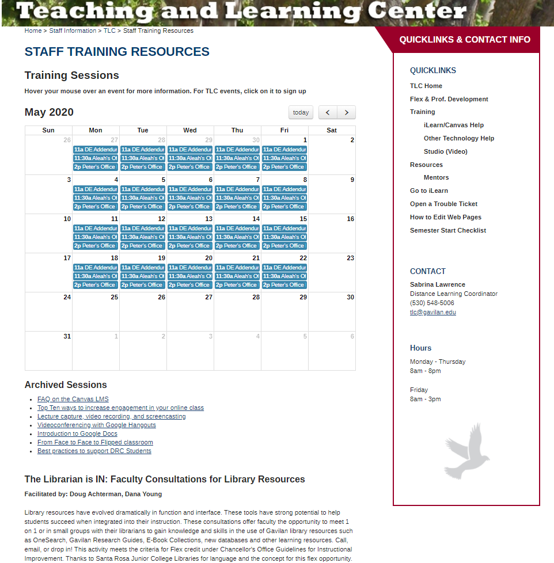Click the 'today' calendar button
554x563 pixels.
click(x=301, y=113)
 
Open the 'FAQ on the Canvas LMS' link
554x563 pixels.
click(x=73, y=399)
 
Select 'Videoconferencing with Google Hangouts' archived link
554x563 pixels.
click(x=96, y=425)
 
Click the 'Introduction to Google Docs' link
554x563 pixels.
click(x=77, y=433)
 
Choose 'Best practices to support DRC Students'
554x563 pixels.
click(x=94, y=451)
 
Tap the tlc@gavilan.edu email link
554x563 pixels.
click(x=432, y=312)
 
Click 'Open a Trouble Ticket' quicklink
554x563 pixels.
click(x=443, y=204)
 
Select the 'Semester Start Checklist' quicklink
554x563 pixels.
click(x=447, y=230)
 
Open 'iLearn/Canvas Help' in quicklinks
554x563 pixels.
click(x=453, y=125)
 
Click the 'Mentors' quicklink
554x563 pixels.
click(x=436, y=177)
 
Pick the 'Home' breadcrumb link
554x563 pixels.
click(x=33, y=31)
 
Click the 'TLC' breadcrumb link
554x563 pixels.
click(x=109, y=31)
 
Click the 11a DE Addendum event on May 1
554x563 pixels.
click(x=284, y=150)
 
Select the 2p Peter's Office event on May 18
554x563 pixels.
click(x=96, y=285)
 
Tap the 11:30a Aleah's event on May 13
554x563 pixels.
click(x=190, y=237)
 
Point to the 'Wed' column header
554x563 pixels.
click(x=190, y=130)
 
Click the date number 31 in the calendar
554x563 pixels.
click(x=67, y=336)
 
